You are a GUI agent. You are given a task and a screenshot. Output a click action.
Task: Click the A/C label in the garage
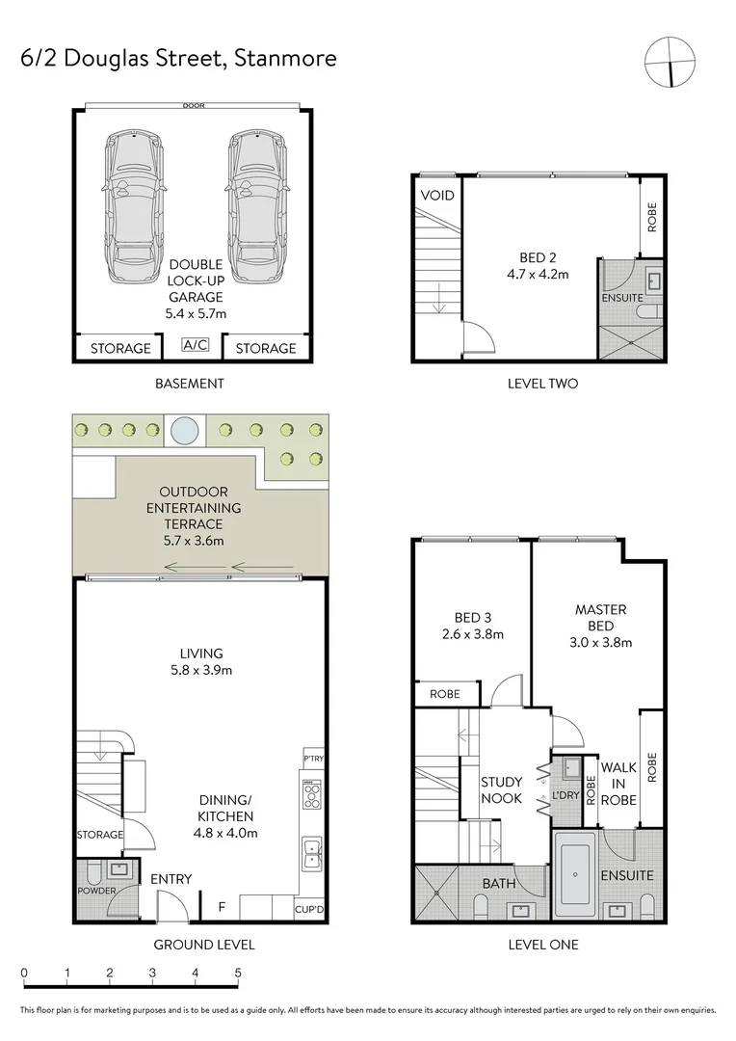pyautogui.click(x=196, y=343)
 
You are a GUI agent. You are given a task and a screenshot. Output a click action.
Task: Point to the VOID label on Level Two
pyautogui.click(x=436, y=196)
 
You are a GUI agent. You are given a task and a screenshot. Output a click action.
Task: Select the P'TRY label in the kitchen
pyautogui.click(x=314, y=760)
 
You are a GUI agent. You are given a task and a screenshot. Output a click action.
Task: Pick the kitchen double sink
pyautogui.click(x=313, y=851)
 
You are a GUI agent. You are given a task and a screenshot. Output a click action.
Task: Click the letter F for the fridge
pyautogui.click(x=221, y=906)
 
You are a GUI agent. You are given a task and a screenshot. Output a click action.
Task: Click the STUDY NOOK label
pyautogui.click(x=502, y=790)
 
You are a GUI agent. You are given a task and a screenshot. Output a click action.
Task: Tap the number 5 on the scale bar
pyautogui.click(x=238, y=973)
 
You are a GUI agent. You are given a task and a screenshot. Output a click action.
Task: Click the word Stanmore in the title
pyautogui.click(x=284, y=58)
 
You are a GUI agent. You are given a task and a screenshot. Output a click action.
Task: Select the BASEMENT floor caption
pyautogui.click(x=190, y=384)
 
